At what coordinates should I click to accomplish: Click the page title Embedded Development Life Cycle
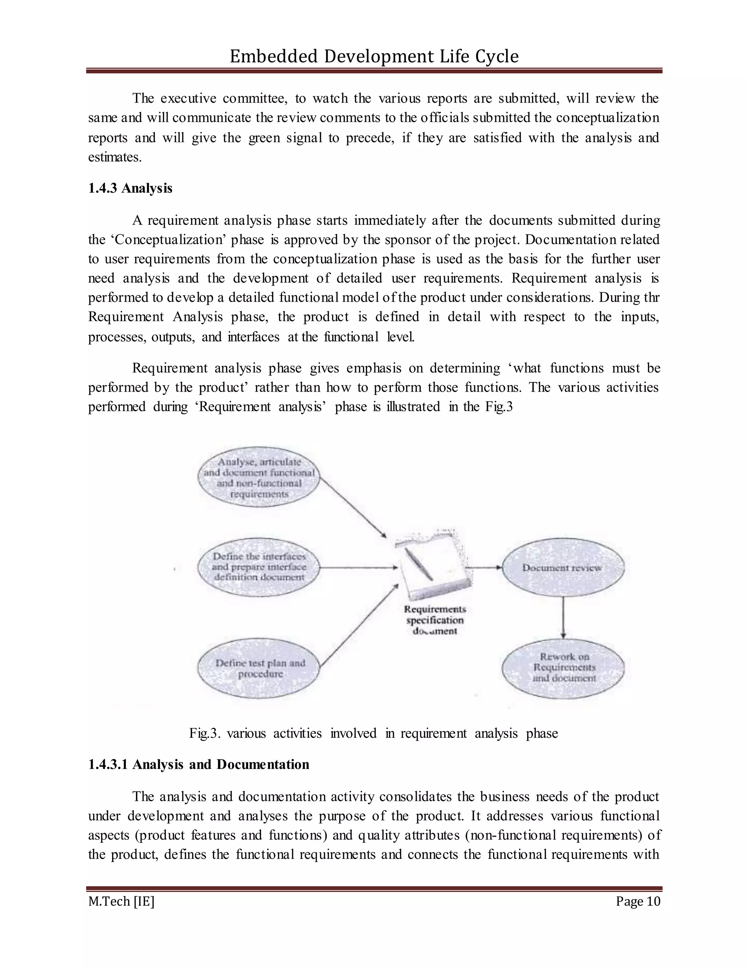click(x=374, y=56)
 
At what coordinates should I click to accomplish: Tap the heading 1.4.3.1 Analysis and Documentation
click(x=199, y=764)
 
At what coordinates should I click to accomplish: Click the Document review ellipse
click(x=563, y=568)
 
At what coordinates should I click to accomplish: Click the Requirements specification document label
click(x=435, y=620)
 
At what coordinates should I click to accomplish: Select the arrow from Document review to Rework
click(x=563, y=617)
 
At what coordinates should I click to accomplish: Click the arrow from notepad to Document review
click(x=484, y=567)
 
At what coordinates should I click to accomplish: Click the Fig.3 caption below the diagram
click(x=373, y=733)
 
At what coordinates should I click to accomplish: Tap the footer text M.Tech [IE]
click(x=121, y=901)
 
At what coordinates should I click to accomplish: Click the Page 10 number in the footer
click(x=637, y=901)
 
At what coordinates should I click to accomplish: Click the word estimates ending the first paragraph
click(x=114, y=157)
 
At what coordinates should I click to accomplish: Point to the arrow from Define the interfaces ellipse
click(x=358, y=567)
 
